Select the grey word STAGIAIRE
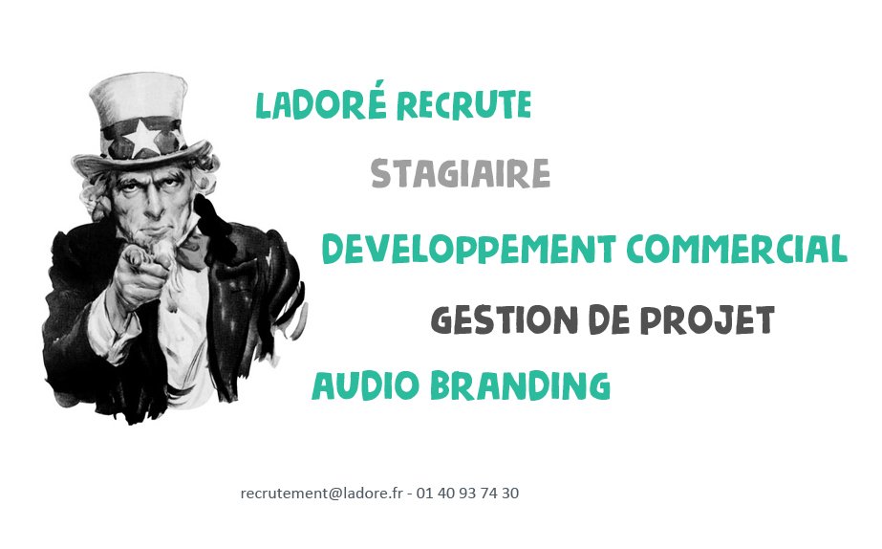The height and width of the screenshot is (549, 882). point(460,174)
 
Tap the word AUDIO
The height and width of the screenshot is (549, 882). point(365,385)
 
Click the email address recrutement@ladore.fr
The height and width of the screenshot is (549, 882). point(321,494)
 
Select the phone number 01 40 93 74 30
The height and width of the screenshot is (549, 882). point(468,494)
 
